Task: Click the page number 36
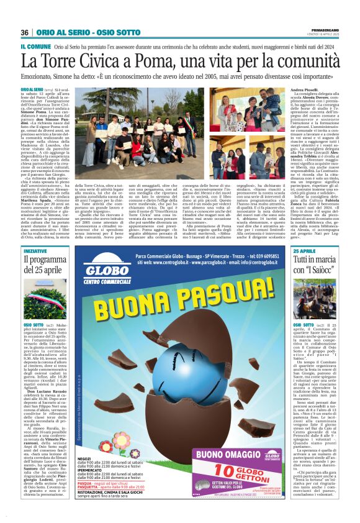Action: (x=25, y=32)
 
